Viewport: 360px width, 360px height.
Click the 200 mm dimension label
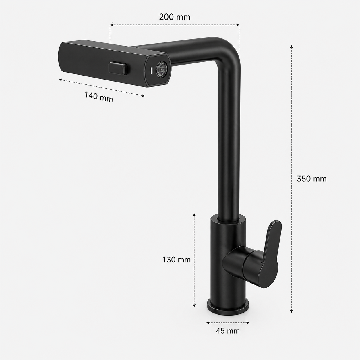175,17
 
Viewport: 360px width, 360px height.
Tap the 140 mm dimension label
99,97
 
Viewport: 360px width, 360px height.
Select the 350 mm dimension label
311,179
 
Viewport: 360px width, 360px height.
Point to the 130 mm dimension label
177,260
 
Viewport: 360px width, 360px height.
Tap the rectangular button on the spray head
118,68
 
